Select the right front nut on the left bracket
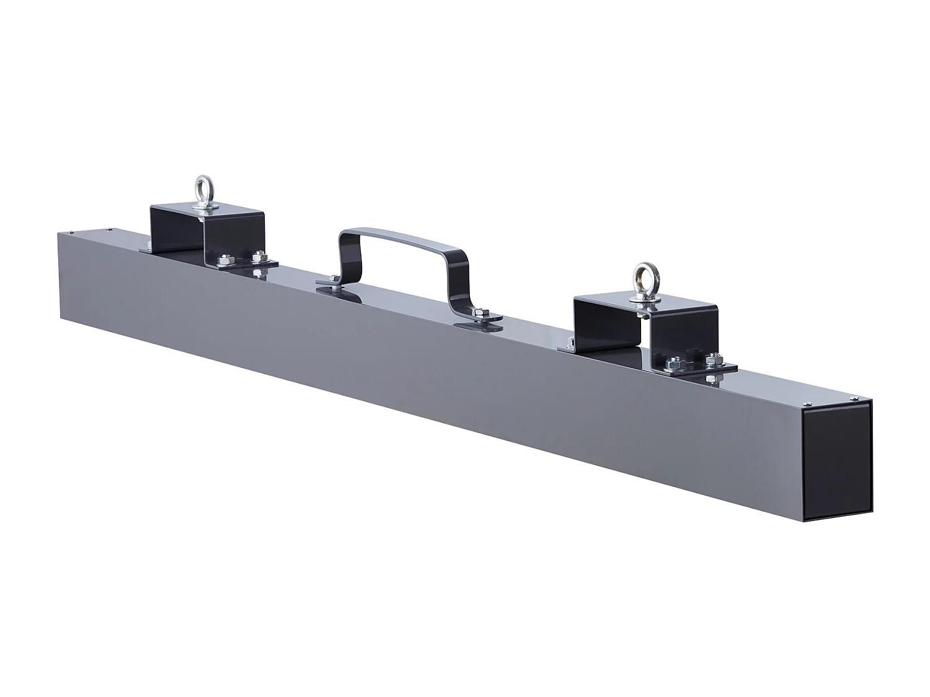(x=258, y=254)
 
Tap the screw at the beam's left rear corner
(x=109, y=229)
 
